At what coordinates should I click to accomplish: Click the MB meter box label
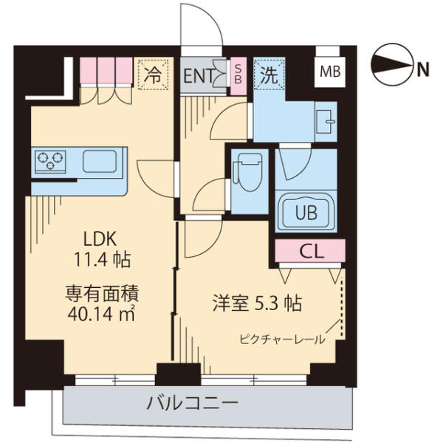click(330, 72)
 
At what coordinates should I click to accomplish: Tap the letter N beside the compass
click(423, 69)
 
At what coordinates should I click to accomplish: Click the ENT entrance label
click(199, 75)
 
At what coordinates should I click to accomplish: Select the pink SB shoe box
click(238, 76)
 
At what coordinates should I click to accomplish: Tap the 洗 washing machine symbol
click(269, 74)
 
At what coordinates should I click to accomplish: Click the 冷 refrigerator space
click(153, 74)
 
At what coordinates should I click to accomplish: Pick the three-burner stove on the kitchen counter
click(50, 161)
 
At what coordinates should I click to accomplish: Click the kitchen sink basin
click(100, 161)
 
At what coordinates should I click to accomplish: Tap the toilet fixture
click(248, 172)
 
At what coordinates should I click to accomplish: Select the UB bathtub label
click(306, 213)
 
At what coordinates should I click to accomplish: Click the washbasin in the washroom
click(325, 122)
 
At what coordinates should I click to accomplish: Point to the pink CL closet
click(310, 250)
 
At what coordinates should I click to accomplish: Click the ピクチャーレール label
click(282, 340)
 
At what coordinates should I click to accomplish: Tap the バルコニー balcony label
click(192, 403)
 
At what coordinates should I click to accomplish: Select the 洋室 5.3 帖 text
click(258, 303)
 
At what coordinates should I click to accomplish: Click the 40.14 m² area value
click(101, 313)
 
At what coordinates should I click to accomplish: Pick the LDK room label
click(100, 239)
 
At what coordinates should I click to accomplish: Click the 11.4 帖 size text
click(102, 260)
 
